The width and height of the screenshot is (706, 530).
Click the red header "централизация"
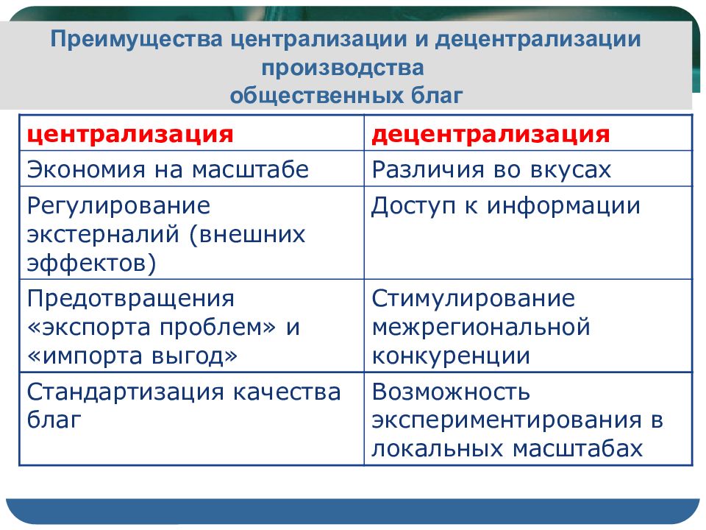coord(130,134)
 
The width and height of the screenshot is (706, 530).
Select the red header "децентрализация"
coord(491,134)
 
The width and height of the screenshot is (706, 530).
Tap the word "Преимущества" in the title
coord(137,40)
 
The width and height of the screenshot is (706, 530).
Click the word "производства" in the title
coord(343,68)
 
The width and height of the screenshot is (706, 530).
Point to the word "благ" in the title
coord(437,96)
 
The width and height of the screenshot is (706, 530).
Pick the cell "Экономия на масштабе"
coord(168,170)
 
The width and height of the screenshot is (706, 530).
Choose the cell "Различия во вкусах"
coord(491,170)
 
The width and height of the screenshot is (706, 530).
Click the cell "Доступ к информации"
coord(506,206)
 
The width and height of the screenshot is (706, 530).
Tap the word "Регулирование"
coord(119,207)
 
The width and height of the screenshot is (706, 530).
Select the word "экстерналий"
coord(104,234)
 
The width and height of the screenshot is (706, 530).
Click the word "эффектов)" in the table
coord(92,263)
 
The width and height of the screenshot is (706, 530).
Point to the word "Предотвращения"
coord(131,300)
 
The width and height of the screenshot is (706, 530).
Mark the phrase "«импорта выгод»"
coord(132,356)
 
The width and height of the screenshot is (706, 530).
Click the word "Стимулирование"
coord(473,299)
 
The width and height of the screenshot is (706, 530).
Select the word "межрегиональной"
coord(481,327)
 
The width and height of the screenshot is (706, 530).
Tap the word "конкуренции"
coord(451,356)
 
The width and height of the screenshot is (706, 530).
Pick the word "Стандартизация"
coord(125,392)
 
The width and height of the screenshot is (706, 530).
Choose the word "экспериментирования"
coord(507,420)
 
